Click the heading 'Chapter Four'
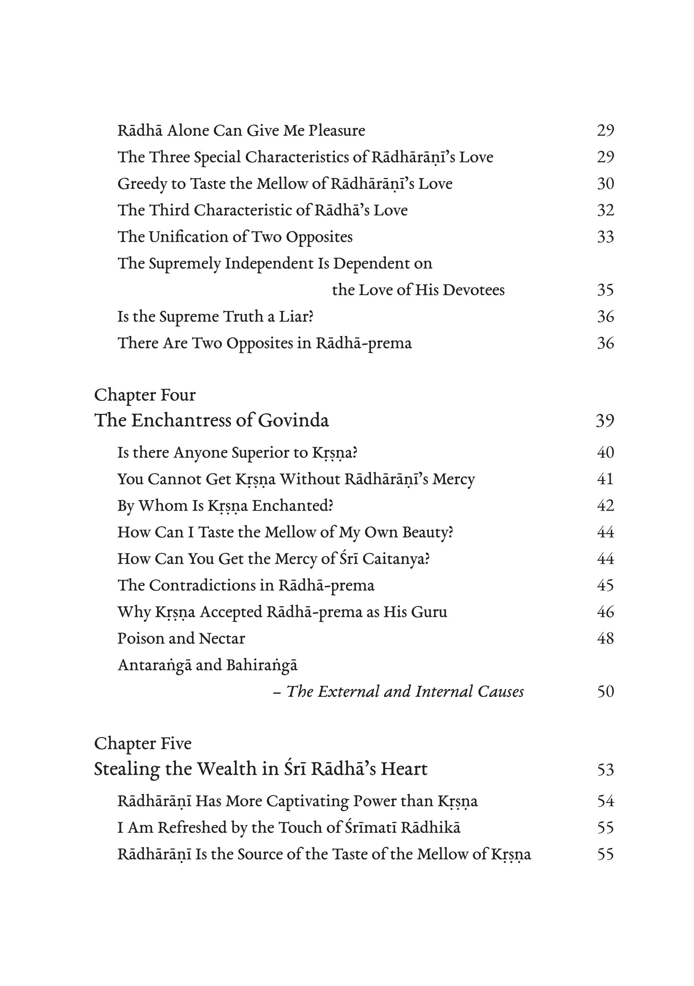tap(145, 395)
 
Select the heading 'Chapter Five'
tap(143, 743)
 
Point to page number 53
tap(605, 769)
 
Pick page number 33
tap(605, 237)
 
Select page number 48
tap(605, 638)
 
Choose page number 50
tap(605, 692)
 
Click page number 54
tap(605, 801)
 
